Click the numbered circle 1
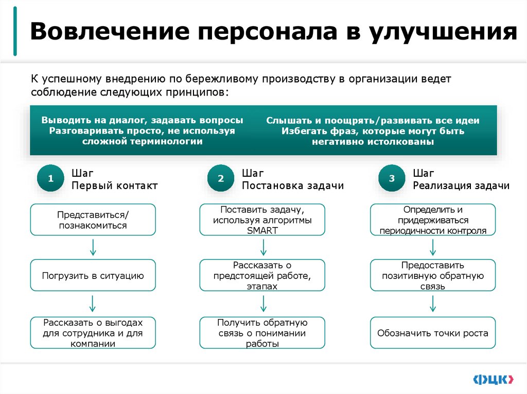50,179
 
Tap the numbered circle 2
221,179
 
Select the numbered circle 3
392,179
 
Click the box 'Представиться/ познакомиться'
93,219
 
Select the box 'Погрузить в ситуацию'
93,275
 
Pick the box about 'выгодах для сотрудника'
93,332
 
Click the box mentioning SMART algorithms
262,219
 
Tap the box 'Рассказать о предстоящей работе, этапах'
262,275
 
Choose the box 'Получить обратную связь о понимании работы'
262,332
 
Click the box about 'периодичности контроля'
433,219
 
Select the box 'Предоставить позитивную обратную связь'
433,275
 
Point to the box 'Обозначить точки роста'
433,332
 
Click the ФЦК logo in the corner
493,379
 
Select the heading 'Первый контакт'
115,186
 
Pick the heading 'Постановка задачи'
293,186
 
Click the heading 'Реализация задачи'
461,186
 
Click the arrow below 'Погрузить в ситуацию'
93,304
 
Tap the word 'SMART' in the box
262,231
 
